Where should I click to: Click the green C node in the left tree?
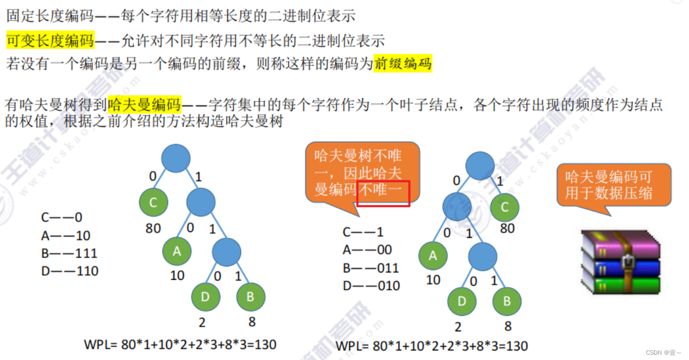[x=154, y=202]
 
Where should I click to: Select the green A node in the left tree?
[x=177, y=252]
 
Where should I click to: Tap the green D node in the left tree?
[x=205, y=297]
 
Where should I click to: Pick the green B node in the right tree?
[x=506, y=302]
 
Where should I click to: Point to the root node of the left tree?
[x=176, y=158]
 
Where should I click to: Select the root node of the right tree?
[x=480, y=166]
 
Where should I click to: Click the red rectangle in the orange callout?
[x=383, y=193]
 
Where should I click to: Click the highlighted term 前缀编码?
[x=403, y=64]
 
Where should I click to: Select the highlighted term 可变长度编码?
[x=50, y=40]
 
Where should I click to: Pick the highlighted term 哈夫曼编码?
[x=144, y=105]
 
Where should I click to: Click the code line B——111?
[x=69, y=253]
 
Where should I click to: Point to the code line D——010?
[x=371, y=286]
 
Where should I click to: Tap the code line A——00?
[x=366, y=250]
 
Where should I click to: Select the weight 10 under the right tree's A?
[x=433, y=280]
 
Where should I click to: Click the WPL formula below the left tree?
[x=180, y=344]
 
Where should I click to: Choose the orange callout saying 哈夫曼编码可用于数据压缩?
[x=614, y=185]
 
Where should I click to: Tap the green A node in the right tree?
[x=433, y=256]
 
